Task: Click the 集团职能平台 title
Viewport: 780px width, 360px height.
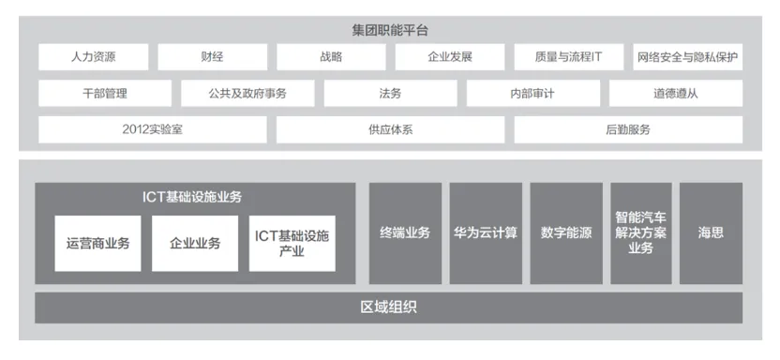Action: pos(390,31)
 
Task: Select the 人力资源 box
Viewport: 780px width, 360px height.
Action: pos(94,57)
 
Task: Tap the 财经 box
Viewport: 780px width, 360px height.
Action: pos(213,57)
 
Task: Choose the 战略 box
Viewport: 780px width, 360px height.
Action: pos(331,57)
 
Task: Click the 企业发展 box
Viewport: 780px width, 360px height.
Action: pos(450,57)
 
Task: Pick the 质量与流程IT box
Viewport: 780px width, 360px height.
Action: pos(568,57)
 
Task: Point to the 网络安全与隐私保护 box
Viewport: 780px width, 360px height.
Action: pos(688,57)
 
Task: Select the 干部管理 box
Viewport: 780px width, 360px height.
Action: pos(105,94)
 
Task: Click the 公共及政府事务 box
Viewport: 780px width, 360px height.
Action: pos(247,94)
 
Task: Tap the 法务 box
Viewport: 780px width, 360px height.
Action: pos(391,94)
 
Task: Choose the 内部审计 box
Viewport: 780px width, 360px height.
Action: pos(533,94)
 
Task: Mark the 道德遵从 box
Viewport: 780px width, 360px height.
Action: pos(676,94)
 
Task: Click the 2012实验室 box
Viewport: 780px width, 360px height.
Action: pos(153,129)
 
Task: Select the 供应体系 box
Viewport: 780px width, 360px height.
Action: pos(391,129)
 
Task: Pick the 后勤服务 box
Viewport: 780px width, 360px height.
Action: pos(628,129)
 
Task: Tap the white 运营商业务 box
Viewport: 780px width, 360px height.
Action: pos(98,244)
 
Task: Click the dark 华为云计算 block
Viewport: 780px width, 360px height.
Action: pos(486,233)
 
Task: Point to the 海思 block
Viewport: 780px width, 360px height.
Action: pos(711,233)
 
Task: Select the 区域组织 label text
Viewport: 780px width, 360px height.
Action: pos(388,307)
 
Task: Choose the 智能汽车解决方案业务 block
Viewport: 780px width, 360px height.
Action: pos(641,233)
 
